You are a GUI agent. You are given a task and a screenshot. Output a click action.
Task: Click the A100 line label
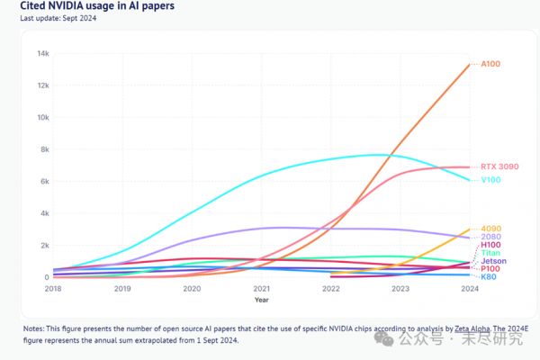click(490, 64)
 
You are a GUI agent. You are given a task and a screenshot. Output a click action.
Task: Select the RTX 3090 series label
click(499, 166)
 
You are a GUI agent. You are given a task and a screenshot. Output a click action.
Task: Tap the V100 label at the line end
click(491, 180)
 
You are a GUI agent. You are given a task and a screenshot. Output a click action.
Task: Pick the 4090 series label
click(490, 229)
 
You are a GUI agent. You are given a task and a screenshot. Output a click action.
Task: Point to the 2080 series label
click(490, 237)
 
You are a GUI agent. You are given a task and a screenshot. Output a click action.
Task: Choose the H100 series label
click(490, 245)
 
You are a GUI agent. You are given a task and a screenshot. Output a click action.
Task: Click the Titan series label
click(490, 253)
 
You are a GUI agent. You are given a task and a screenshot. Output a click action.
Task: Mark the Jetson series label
click(493, 261)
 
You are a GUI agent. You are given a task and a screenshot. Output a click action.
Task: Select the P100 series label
click(490, 269)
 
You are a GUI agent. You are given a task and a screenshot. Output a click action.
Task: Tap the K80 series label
click(489, 277)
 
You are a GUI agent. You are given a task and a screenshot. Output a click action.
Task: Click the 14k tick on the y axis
click(42, 53)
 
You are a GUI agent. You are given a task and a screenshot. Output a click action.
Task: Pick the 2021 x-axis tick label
click(262, 289)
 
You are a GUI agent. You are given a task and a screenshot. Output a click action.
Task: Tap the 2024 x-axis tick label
click(468, 289)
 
